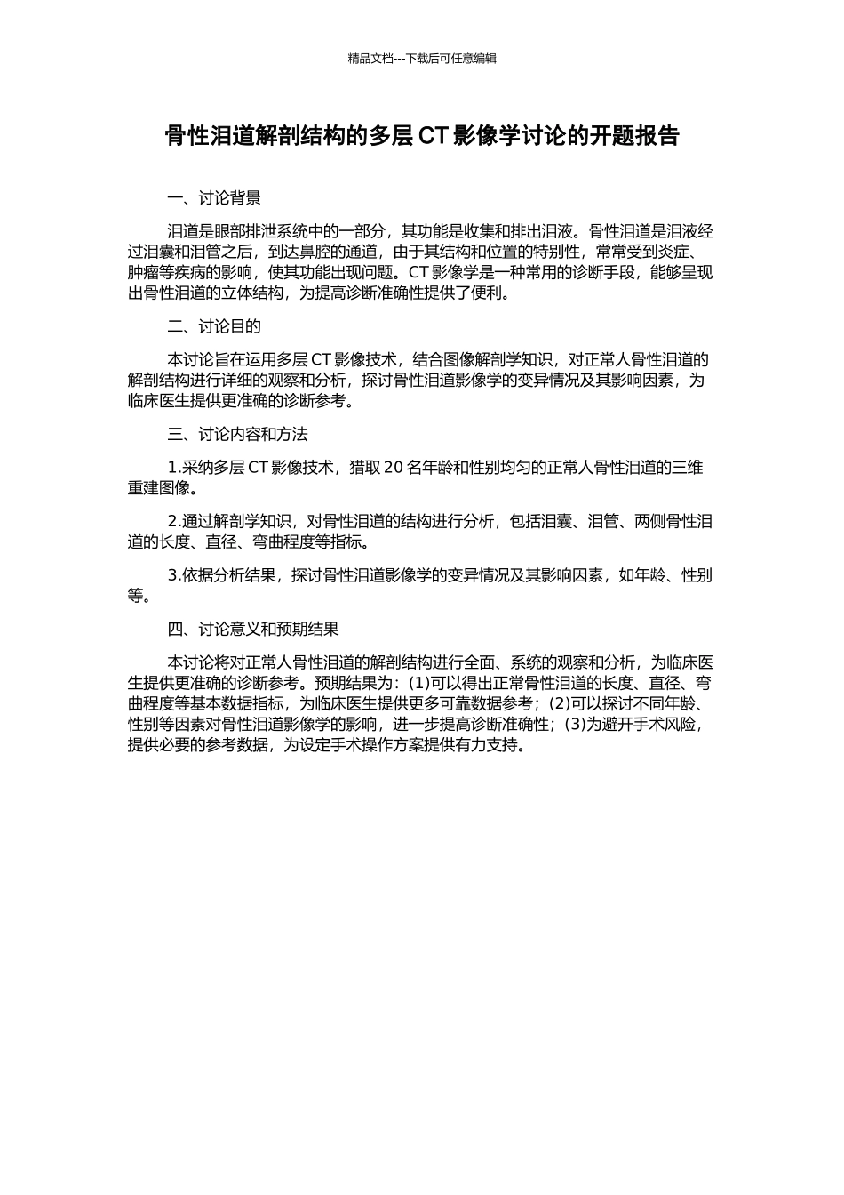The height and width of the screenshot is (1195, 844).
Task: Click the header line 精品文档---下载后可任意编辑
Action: point(422,59)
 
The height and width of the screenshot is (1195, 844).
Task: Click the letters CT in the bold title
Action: point(433,136)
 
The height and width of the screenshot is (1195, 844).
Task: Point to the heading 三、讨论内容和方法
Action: point(237,435)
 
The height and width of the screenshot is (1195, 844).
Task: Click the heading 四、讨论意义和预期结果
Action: point(253,629)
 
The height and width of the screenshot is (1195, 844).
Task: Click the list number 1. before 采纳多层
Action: point(174,468)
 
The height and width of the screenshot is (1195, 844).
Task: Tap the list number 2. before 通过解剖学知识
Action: point(174,522)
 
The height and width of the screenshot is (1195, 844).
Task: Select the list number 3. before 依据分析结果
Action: point(174,575)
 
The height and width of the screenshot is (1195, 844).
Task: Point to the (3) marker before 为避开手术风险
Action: point(575,725)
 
